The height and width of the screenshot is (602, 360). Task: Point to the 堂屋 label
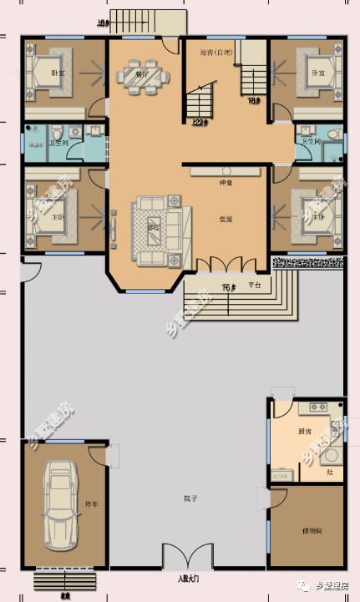point(226,220)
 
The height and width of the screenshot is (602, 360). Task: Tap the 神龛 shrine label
point(226,183)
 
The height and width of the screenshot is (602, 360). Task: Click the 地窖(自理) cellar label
point(215,53)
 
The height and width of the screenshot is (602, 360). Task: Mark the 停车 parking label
point(91,505)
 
